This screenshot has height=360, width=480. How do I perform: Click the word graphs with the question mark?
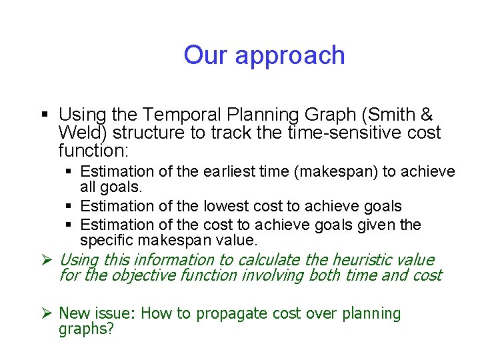coord(86,329)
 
